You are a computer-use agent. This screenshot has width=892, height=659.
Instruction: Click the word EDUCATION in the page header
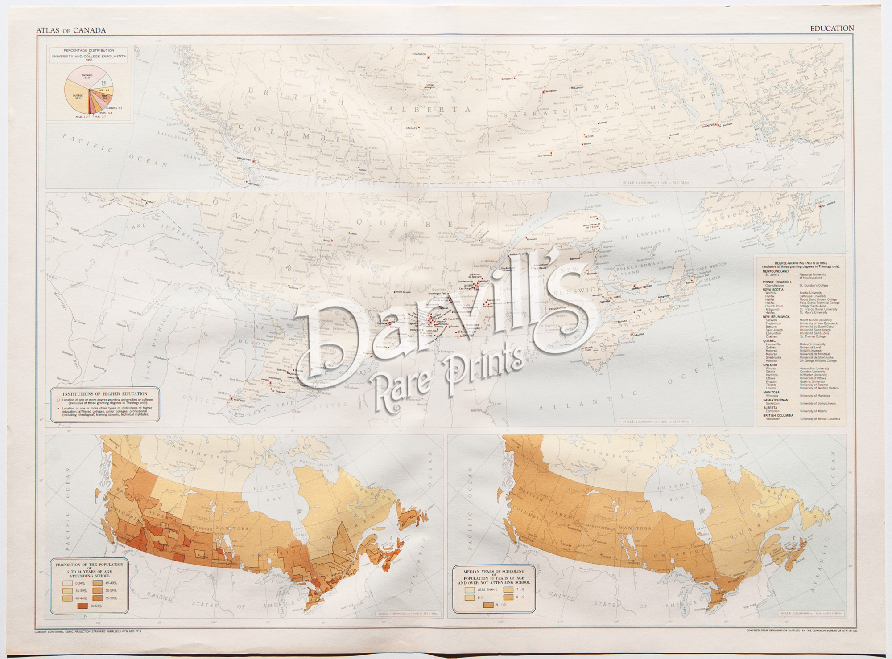[x=832, y=28]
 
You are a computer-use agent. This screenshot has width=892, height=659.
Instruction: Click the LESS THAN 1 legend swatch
[x=470, y=589]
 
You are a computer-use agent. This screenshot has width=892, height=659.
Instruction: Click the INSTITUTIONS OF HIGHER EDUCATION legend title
[x=105, y=394]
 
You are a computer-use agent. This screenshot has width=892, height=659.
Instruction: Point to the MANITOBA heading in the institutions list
[x=771, y=392]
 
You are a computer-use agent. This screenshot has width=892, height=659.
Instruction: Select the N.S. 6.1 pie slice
[x=106, y=90]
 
